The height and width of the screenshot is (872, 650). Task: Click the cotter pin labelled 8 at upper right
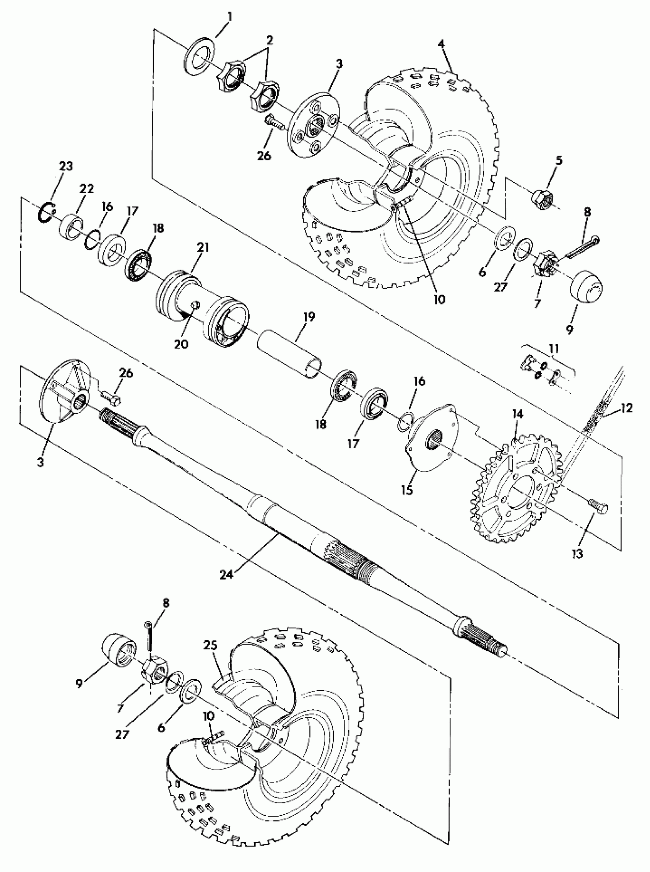(583, 245)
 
